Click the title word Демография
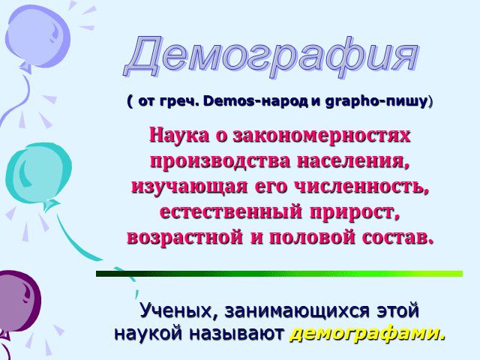point(271,57)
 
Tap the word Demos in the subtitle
point(229,101)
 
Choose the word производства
point(220,161)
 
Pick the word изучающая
point(190,187)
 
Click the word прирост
point(355,212)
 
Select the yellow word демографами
point(367,333)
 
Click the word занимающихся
point(297,311)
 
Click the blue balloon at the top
point(37,37)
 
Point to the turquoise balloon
point(38,175)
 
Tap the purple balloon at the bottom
point(18,301)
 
